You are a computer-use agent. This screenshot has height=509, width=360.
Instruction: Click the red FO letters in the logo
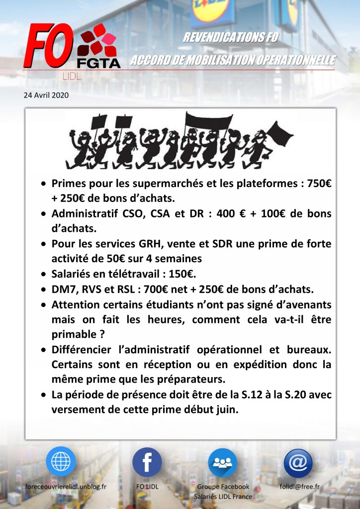click(49, 48)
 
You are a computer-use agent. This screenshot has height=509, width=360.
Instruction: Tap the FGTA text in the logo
click(98, 64)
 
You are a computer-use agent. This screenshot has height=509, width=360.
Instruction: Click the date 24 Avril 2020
click(46, 95)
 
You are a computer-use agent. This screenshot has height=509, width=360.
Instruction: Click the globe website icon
click(61, 461)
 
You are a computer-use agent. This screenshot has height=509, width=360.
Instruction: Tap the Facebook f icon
click(147, 462)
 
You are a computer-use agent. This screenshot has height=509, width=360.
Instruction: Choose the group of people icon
click(222, 462)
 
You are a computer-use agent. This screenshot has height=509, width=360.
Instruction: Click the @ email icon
click(298, 462)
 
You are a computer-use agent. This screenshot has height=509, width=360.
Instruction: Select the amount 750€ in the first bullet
click(319, 184)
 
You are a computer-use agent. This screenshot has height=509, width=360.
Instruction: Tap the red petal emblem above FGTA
click(97, 40)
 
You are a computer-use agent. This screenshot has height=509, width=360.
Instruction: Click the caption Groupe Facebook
click(223, 486)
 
